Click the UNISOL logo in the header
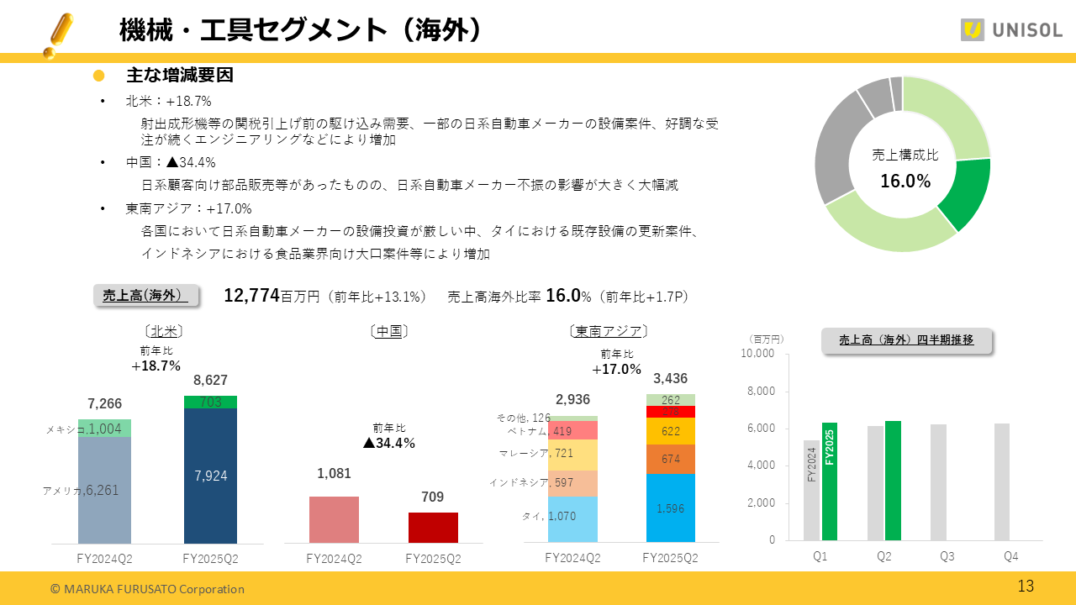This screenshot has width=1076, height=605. pos(1011,30)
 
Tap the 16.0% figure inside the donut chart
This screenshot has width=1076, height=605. pos(905,181)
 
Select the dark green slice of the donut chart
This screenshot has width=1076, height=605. pos(964,194)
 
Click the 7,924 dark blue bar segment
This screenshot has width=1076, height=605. pos(210,476)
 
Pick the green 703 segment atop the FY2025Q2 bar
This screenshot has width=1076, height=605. pos(210,402)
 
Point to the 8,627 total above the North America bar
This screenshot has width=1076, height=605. pos(210,381)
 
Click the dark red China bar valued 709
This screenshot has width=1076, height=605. pos(433,528)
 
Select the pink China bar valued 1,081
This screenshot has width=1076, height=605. pos(334,519)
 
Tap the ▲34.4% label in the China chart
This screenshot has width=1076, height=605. pos(389,443)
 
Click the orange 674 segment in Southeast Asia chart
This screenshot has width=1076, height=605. pos(671,459)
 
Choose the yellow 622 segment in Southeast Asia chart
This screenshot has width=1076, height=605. pos(671,431)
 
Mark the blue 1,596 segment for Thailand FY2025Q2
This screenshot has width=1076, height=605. pos(671,508)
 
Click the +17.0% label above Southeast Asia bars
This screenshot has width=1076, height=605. pos(616,370)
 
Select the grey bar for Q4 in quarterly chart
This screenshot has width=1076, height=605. pos(1002,481)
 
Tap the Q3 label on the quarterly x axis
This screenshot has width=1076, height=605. pos(947,556)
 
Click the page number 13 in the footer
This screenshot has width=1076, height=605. pos(1026,587)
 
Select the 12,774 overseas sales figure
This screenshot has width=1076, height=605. pos(251,296)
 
